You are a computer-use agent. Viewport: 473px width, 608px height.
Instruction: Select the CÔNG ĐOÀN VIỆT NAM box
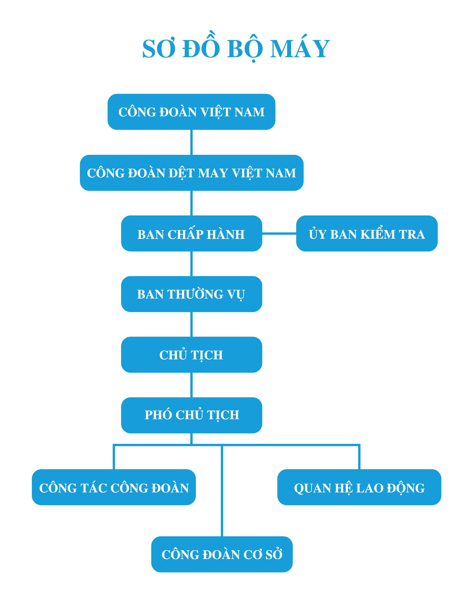(x=191, y=112)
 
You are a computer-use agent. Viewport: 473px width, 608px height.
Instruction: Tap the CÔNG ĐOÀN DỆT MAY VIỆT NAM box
(x=191, y=173)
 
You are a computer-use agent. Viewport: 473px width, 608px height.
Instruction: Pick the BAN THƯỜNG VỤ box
(x=191, y=294)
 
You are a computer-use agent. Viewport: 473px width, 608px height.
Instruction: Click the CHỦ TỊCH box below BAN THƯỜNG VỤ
(x=191, y=355)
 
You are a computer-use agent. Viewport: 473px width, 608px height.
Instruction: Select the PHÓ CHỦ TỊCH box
(x=191, y=415)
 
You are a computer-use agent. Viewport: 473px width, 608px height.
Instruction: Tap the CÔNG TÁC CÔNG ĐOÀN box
(x=114, y=488)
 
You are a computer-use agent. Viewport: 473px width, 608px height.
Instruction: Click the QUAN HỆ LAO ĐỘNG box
(x=359, y=488)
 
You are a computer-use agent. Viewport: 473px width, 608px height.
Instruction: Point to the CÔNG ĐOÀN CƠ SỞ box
(x=222, y=555)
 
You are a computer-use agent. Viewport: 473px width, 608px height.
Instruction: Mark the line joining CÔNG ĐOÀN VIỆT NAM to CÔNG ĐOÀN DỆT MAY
(x=191, y=142)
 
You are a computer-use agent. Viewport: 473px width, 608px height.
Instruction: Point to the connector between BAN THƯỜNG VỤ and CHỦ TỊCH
(x=191, y=324)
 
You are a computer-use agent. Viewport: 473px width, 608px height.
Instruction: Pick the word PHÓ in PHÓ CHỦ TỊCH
(x=158, y=415)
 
